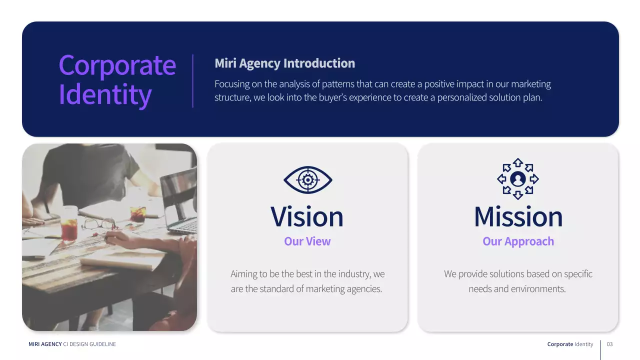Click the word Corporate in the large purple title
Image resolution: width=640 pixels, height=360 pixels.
pyautogui.click(x=117, y=65)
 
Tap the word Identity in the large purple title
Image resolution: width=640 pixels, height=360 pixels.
pyautogui.click(x=105, y=94)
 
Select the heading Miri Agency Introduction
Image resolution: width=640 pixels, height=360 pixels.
pyautogui.click(x=284, y=63)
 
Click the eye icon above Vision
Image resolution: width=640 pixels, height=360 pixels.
pyautogui.click(x=307, y=180)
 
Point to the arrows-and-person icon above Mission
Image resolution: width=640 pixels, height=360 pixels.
pyautogui.click(x=518, y=179)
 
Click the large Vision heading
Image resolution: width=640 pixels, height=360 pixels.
pyautogui.click(x=307, y=216)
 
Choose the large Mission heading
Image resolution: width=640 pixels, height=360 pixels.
pyautogui.click(x=518, y=216)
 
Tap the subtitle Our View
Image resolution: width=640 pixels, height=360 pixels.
pyautogui.click(x=307, y=241)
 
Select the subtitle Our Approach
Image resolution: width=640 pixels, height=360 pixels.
pyautogui.click(x=518, y=241)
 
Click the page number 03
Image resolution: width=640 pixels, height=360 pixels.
pyautogui.click(x=609, y=344)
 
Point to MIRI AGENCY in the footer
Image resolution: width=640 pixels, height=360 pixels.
pyautogui.click(x=45, y=344)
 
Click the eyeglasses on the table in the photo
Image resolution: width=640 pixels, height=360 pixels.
pyautogui.click(x=98, y=223)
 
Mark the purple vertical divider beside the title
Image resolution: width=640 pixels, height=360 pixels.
pyautogui.click(x=193, y=81)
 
